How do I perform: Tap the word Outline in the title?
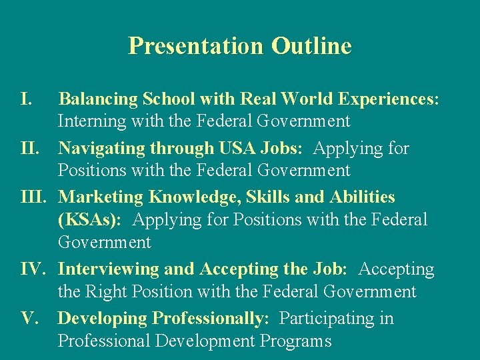tap(311, 46)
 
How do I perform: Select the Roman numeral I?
tap(27, 99)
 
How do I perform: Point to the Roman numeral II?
tap(31, 148)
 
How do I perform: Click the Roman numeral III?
tap(34, 197)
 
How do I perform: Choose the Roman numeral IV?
tap(33, 269)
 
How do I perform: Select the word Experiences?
tap(387, 99)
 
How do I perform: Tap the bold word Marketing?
tap(101, 197)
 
